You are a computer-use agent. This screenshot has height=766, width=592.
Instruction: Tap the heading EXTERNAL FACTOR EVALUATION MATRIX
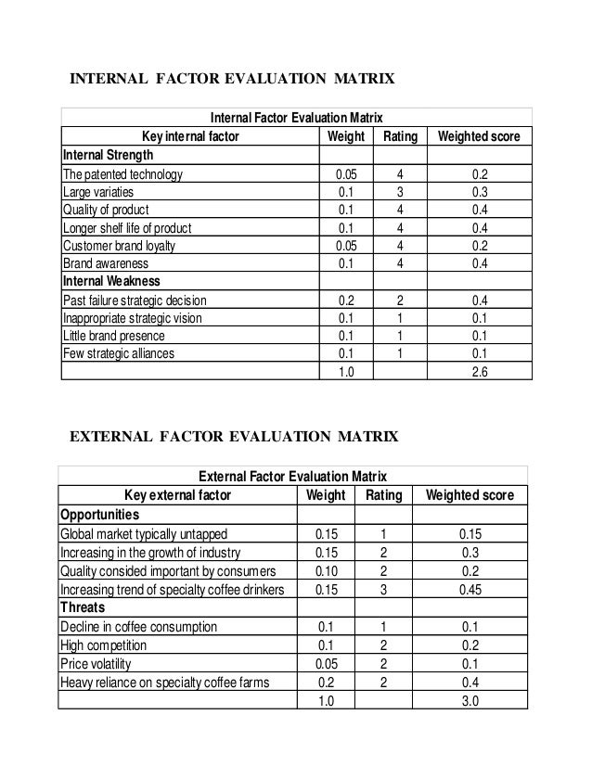coord(234,435)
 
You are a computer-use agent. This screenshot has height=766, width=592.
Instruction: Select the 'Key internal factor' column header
coord(189,136)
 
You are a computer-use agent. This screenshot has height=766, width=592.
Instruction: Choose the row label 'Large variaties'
coord(100,191)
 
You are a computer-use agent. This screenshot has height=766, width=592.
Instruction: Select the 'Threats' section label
coord(83,607)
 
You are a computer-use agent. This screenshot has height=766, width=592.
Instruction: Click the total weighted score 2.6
coord(478,371)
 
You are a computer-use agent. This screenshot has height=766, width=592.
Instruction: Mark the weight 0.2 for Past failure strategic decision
coord(344,300)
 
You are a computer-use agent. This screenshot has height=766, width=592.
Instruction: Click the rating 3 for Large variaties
coord(399,191)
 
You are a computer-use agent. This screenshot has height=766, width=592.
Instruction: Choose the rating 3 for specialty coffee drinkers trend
coord(383,589)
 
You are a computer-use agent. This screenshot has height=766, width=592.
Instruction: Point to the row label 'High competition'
coord(103,645)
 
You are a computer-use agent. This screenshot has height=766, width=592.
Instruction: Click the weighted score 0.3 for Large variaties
coord(478,191)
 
